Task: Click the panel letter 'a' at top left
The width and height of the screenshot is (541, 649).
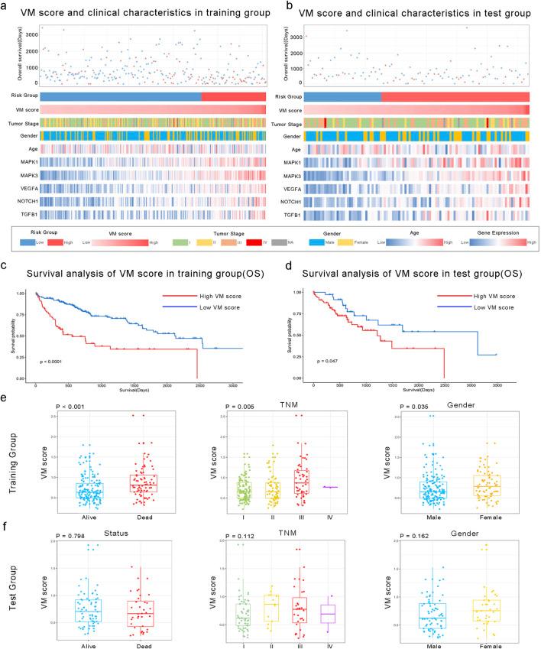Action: point(5,5)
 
